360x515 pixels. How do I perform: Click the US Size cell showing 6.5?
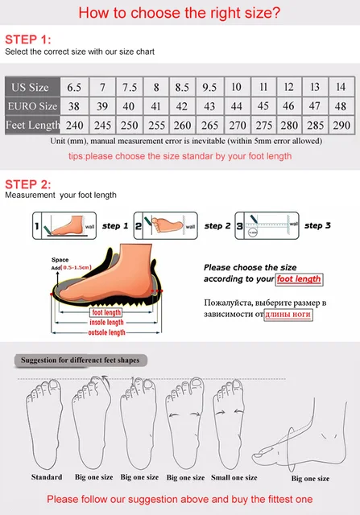pos(74,87)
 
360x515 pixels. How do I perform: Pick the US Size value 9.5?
pos(209,87)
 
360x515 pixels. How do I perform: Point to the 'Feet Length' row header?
pos(32,125)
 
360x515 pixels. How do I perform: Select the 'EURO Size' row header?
pos(32,105)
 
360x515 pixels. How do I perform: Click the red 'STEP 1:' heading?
pos(27,39)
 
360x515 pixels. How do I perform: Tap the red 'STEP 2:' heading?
pos(27,182)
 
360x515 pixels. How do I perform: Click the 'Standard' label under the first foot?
pos(46,477)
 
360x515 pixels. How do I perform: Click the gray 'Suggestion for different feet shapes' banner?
pos(80,360)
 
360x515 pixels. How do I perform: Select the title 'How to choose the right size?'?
pos(179,13)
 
